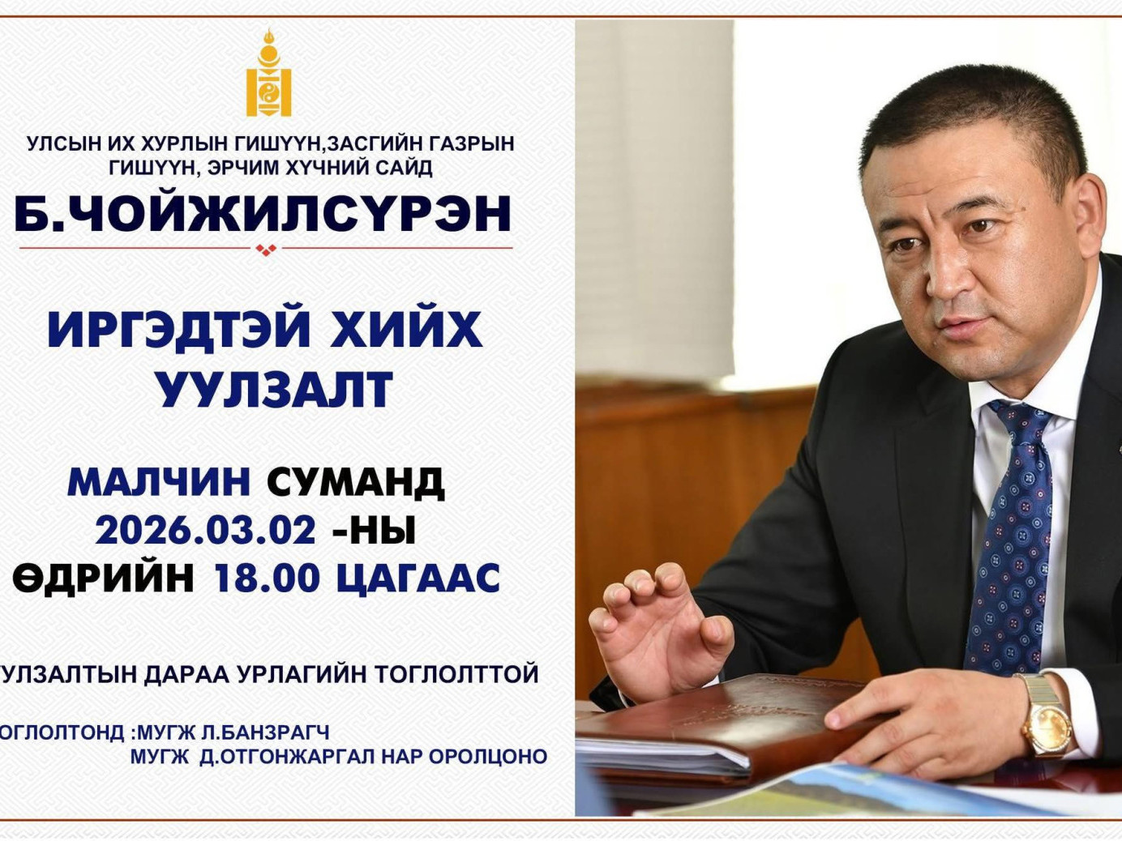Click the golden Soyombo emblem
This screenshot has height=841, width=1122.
pos(268,75)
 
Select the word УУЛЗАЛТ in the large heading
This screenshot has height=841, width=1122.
pos(274,390)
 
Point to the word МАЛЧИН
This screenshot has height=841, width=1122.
pos(159,483)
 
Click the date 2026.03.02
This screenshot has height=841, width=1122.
pos(206,531)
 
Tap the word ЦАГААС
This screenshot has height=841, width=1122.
pos(418,578)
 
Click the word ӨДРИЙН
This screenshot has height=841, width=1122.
pos(104,578)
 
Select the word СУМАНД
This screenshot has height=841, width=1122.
pos(355,483)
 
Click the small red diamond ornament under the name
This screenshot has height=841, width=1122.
pos(266,250)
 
